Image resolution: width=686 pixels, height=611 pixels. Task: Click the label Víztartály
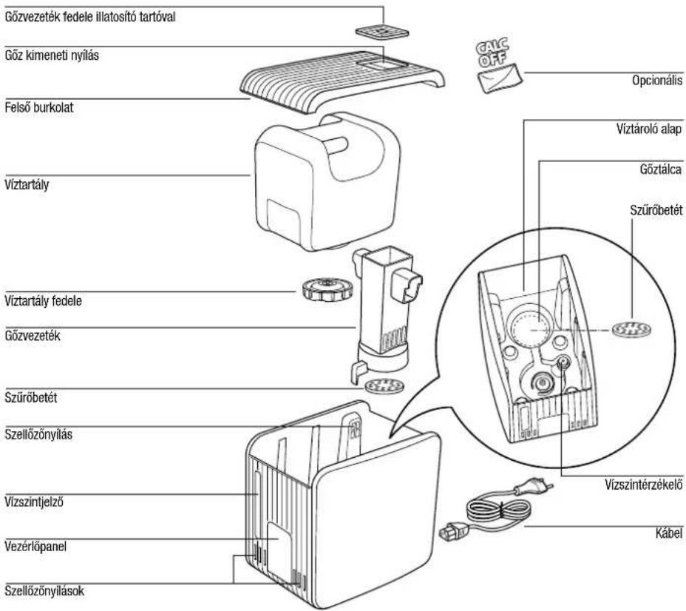(x=27, y=185)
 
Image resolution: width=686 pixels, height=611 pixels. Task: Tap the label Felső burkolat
(x=39, y=108)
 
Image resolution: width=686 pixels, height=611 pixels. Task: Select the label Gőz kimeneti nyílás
(x=52, y=55)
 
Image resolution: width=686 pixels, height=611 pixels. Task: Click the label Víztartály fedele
(x=43, y=301)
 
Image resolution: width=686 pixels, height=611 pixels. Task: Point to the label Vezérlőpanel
(x=35, y=546)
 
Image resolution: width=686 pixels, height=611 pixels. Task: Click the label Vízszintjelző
(x=34, y=502)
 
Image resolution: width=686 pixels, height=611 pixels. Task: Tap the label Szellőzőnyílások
(x=44, y=591)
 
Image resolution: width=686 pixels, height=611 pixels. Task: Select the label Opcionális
(x=656, y=81)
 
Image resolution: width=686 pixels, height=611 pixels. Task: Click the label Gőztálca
(x=660, y=169)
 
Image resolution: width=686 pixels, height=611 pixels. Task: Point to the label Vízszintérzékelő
(x=644, y=485)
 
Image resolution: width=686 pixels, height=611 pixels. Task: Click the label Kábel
(x=669, y=533)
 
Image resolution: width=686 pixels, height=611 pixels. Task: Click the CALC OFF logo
(x=492, y=53)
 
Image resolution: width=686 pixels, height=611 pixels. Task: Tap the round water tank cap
(x=327, y=289)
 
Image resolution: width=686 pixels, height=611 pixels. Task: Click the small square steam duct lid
(x=382, y=32)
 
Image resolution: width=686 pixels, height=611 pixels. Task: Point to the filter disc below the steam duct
(x=384, y=386)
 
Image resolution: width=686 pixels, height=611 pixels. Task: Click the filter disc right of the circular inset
(x=631, y=329)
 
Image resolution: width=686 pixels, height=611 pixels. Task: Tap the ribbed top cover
(x=342, y=79)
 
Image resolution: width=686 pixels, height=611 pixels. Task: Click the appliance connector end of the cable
(x=453, y=532)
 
